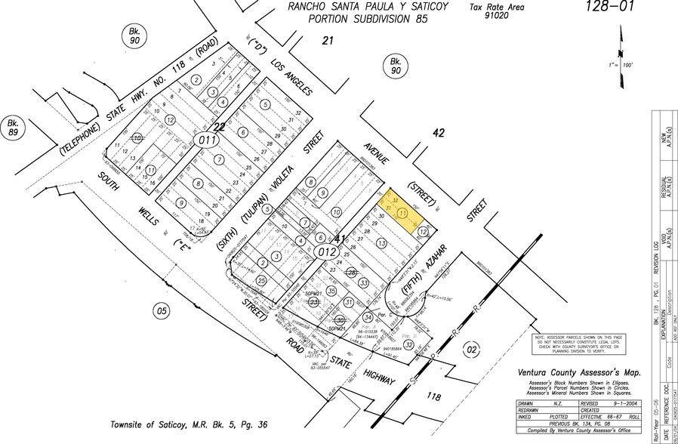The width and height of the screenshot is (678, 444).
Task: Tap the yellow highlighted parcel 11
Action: pyautogui.click(x=402, y=215)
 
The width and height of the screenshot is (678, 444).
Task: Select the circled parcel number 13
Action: pyautogui.click(x=381, y=243)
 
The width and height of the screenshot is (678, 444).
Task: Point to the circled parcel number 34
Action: pyautogui.click(x=368, y=317)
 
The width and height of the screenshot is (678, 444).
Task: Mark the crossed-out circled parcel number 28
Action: pyautogui.click(x=351, y=273)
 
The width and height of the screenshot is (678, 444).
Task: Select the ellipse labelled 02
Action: pyautogui.click(x=472, y=349)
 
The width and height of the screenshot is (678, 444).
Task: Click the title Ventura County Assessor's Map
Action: pyautogui.click(x=578, y=372)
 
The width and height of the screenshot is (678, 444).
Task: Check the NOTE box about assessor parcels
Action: pyautogui.click(x=580, y=344)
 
